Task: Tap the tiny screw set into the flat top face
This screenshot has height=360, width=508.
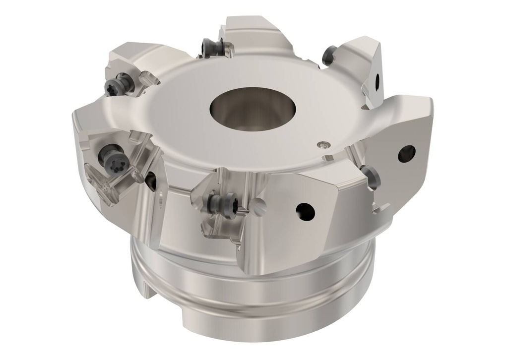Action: pos(323,144)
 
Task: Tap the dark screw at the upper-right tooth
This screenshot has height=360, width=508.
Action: pos(329,56)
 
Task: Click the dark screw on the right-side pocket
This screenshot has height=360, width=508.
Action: pos(370,177)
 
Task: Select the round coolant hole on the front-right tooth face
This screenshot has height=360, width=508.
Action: pos(305,211)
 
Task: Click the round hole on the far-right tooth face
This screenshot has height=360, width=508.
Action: pos(406,153)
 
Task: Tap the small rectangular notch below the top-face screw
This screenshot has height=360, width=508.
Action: pos(328,158)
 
